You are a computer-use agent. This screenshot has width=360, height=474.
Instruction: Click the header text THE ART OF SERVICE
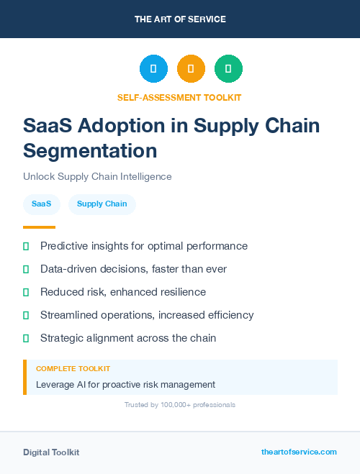(180, 19)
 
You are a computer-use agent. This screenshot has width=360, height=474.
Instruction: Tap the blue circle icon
(153, 69)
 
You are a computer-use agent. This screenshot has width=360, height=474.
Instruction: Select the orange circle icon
(191, 69)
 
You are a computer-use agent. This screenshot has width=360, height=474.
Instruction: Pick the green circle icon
(228, 69)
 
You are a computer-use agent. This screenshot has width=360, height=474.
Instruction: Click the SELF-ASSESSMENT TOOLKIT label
(179, 97)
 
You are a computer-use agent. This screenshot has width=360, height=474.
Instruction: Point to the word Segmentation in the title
(90, 151)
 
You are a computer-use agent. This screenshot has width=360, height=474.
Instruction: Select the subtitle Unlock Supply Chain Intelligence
(97, 176)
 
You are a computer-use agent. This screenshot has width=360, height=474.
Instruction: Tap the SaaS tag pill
(41, 204)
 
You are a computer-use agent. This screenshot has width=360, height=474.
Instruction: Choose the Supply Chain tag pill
(102, 204)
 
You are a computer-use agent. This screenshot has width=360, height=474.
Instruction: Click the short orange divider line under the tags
(35, 227)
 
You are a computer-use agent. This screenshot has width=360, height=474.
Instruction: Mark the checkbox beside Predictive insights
(26, 247)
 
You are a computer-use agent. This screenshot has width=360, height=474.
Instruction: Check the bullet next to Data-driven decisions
(26, 270)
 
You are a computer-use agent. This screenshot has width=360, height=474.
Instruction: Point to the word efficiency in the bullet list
(228, 315)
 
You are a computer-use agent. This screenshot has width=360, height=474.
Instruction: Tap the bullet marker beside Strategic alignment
(26, 338)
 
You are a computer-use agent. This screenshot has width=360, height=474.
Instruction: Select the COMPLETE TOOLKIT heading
(73, 369)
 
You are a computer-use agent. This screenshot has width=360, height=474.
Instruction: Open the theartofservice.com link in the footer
(299, 452)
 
